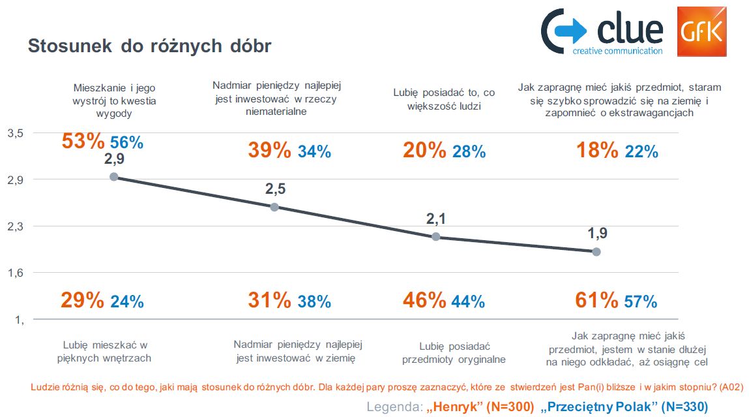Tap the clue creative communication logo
coord(602,31)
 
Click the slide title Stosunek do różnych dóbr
coord(149,46)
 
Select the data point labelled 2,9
coord(114,177)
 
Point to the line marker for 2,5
coord(274,207)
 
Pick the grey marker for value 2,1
coord(435,236)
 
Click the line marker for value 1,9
coord(596,251)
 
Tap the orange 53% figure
coord(83,141)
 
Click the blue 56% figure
coord(126,143)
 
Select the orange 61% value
coord(596,300)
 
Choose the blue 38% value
coord(314,301)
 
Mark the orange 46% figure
coord(424,300)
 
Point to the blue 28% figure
coord(469,152)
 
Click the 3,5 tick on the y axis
coord(15,133)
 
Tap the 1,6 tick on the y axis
coord(15,273)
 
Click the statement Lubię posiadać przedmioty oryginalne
coord(454,353)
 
